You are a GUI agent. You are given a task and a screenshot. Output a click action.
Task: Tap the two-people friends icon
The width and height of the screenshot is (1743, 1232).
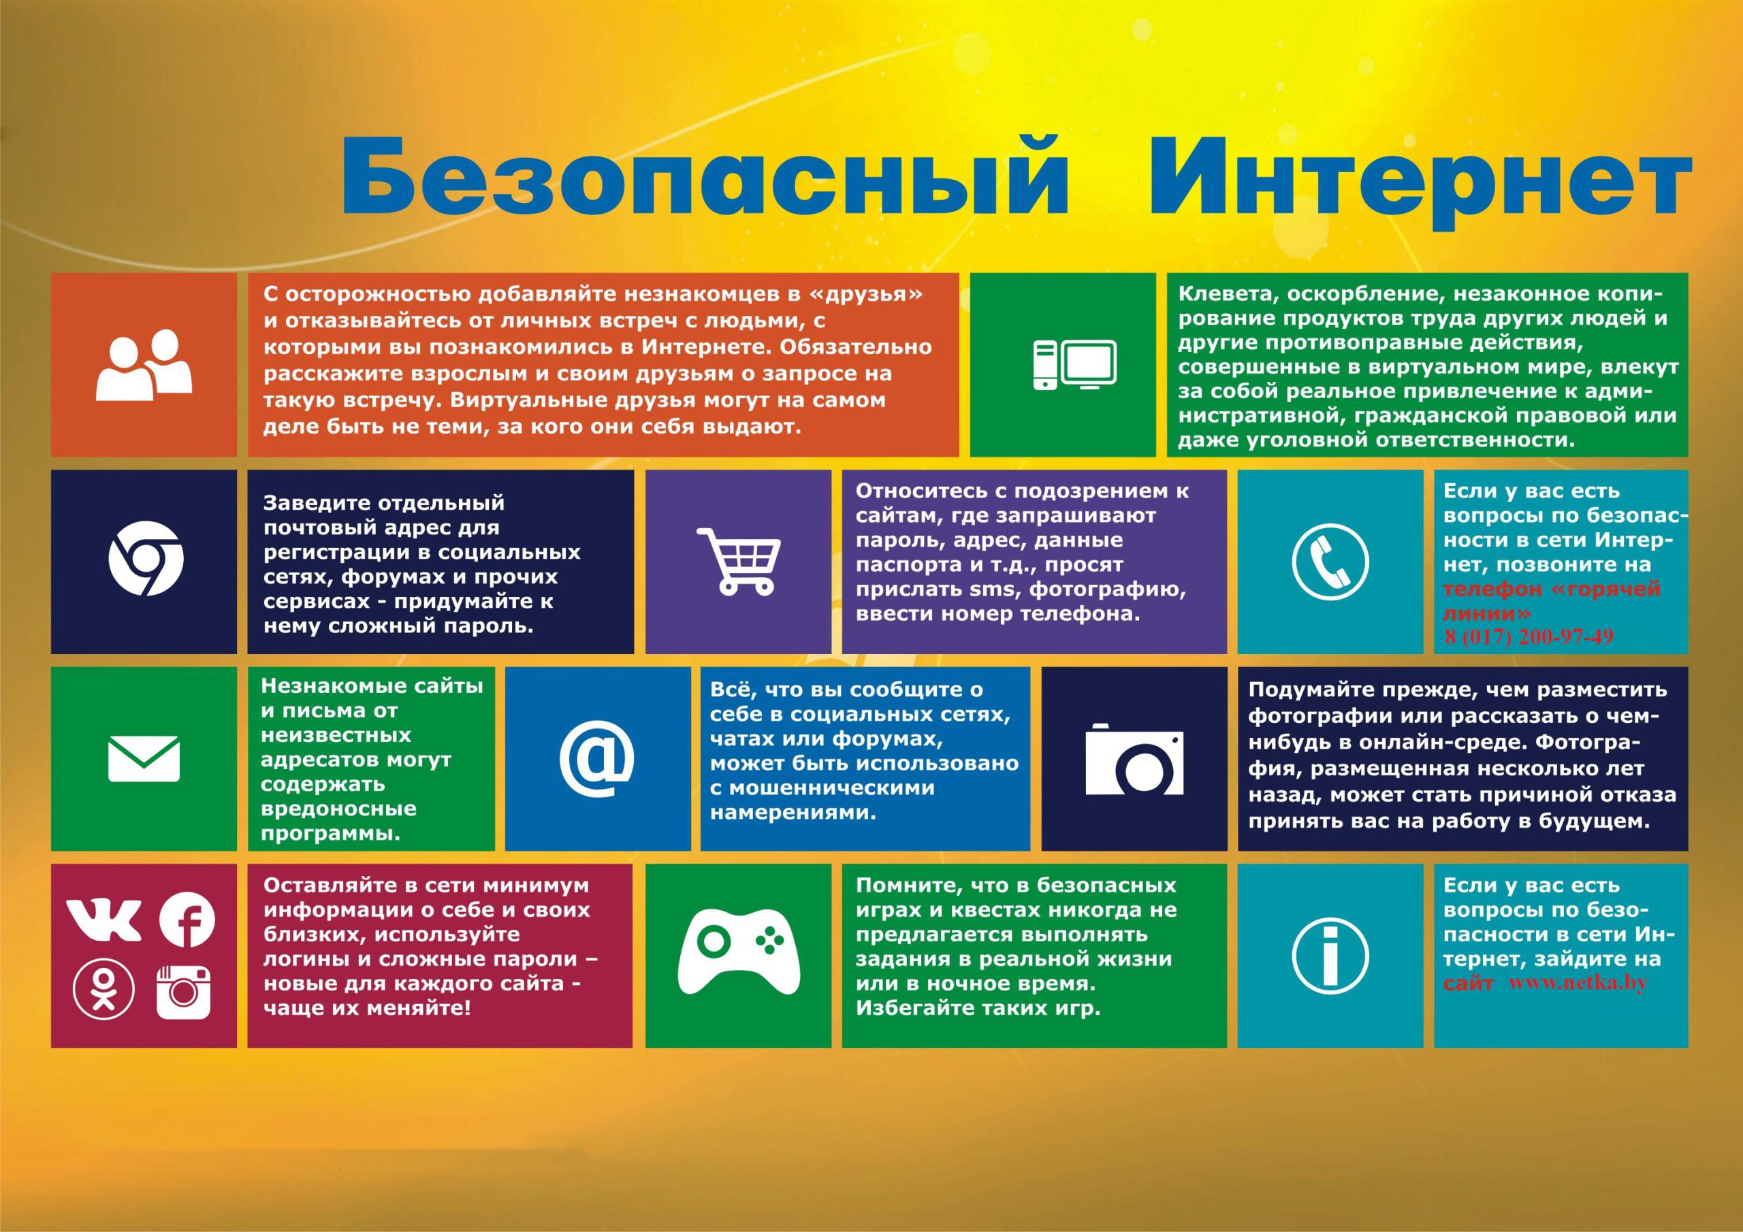pyautogui.click(x=144, y=365)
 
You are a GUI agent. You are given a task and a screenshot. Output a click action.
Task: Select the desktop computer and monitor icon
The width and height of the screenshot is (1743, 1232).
pyautogui.click(x=1075, y=365)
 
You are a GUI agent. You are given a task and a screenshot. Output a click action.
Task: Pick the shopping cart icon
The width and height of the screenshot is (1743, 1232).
pyautogui.click(x=739, y=560)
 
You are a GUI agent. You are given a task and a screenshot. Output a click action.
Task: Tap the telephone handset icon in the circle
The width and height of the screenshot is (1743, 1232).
pyautogui.click(x=1330, y=562)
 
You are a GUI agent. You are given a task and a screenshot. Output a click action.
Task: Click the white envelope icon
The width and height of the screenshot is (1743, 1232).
pyautogui.click(x=144, y=758)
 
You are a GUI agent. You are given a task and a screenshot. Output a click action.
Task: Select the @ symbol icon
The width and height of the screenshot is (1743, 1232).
pyautogui.click(x=596, y=758)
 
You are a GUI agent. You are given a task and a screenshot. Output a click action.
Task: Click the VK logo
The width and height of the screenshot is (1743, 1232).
pyautogui.click(x=103, y=920)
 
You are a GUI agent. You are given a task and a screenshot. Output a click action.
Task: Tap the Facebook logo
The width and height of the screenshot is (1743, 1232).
pyautogui.click(x=187, y=920)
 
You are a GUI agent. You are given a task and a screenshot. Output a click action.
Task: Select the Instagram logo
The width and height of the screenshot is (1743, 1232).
pyautogui.click(x=183, y=992)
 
